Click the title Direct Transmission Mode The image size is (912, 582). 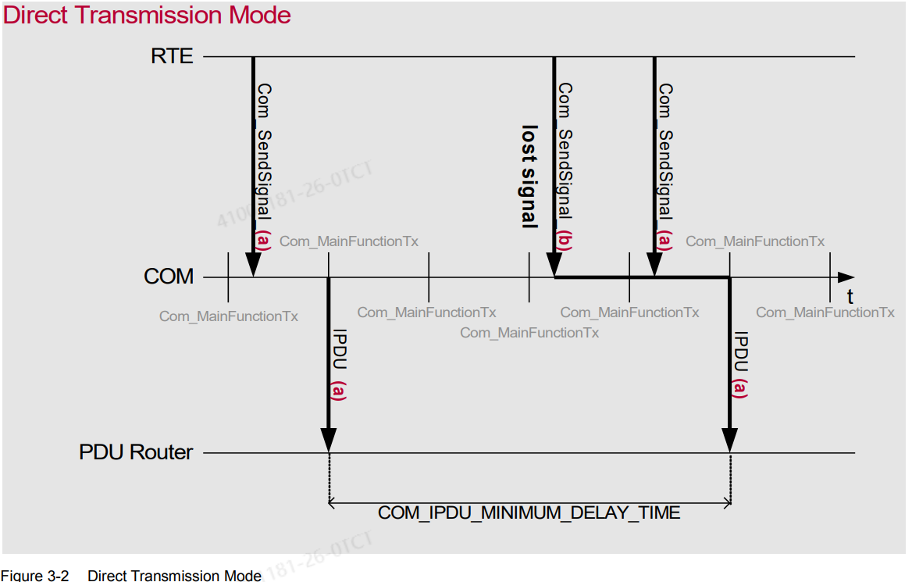147,15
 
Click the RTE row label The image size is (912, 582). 172,56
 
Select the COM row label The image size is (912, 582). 169,277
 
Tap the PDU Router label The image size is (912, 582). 136,452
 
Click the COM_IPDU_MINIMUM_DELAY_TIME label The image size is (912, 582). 529,513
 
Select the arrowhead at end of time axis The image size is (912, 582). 846,277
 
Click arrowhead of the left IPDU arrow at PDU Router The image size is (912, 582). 329,441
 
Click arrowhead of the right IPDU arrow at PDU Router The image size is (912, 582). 729,441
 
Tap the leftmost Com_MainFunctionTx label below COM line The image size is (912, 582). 228,316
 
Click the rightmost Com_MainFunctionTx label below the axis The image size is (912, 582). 825,312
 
